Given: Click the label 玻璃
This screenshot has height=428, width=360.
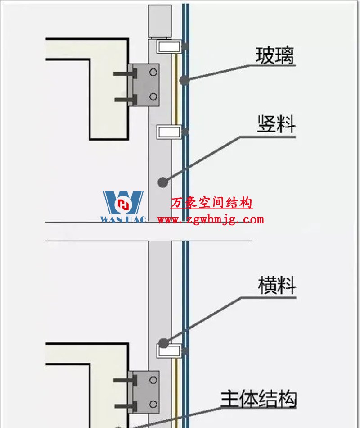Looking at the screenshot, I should click(275, 56).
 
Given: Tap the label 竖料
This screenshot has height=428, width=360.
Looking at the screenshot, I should click(276, 123).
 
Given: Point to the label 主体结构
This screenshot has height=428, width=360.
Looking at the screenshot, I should click(258, 399).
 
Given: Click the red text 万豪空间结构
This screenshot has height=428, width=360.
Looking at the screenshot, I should click(211, 203).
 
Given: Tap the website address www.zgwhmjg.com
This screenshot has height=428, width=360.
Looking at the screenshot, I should click(211, 220).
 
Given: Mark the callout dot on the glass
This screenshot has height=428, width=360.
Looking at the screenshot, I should click(183, 81).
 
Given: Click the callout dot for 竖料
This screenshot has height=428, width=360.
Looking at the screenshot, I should click(162, 182).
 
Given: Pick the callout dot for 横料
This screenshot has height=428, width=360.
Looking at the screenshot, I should click(163, 343).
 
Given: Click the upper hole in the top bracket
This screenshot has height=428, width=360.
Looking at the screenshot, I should click(153, 71).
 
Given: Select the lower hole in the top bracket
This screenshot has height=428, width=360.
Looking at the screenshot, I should click(153, 96).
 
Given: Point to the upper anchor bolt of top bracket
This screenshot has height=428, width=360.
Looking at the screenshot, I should click(123, 73).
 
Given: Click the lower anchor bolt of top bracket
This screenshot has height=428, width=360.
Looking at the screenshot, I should click(123, 99).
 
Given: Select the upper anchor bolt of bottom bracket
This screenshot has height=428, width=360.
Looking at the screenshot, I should click(123, 381).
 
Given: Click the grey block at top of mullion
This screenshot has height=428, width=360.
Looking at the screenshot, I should click(160, 21).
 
